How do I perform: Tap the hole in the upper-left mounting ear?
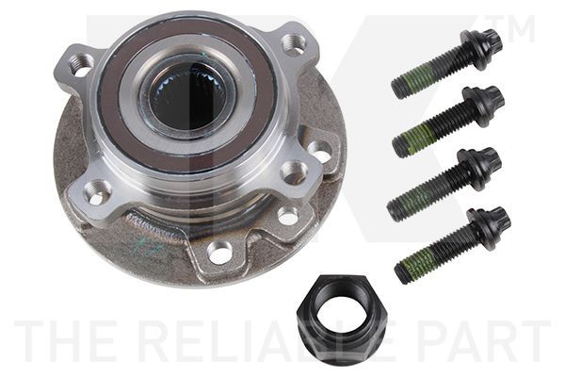tap(81, 65)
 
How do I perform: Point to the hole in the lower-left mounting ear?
tap(95, 193)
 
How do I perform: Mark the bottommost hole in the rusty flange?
tap(219, 251)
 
